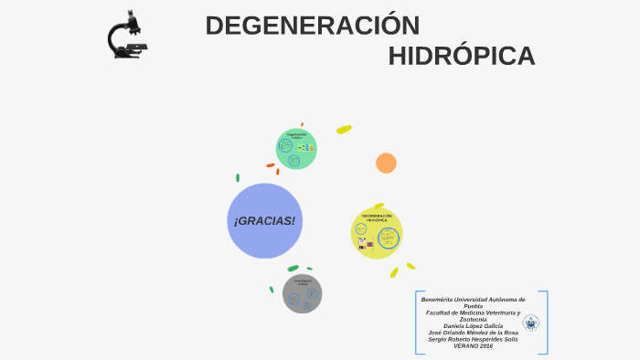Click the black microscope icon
click(x=126, y=36)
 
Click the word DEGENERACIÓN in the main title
click(x=313, y=26)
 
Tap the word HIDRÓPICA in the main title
click(x=461, y=56)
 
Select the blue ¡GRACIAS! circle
click(x=264, y=221)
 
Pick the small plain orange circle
click(x=386, y=163)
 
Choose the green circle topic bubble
click(x=296, y=149)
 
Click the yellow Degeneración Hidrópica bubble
click(x=377, y=233)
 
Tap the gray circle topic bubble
click(x=302, y=293)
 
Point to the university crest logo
click(x=530, y=322)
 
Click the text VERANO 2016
click(x=473, y=346)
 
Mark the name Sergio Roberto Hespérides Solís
click(x=473, y=339)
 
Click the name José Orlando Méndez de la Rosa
click(x=473, y=333)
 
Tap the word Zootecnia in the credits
click(x=473, y=319)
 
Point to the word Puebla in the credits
click(x=473, y=306)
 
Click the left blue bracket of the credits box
click(x=418, y=323)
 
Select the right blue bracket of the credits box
click(x=546, y=323)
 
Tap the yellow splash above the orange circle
click(x=344, y=130)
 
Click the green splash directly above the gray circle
click(x=293, y=268)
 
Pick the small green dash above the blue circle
click(x=238, y=177)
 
